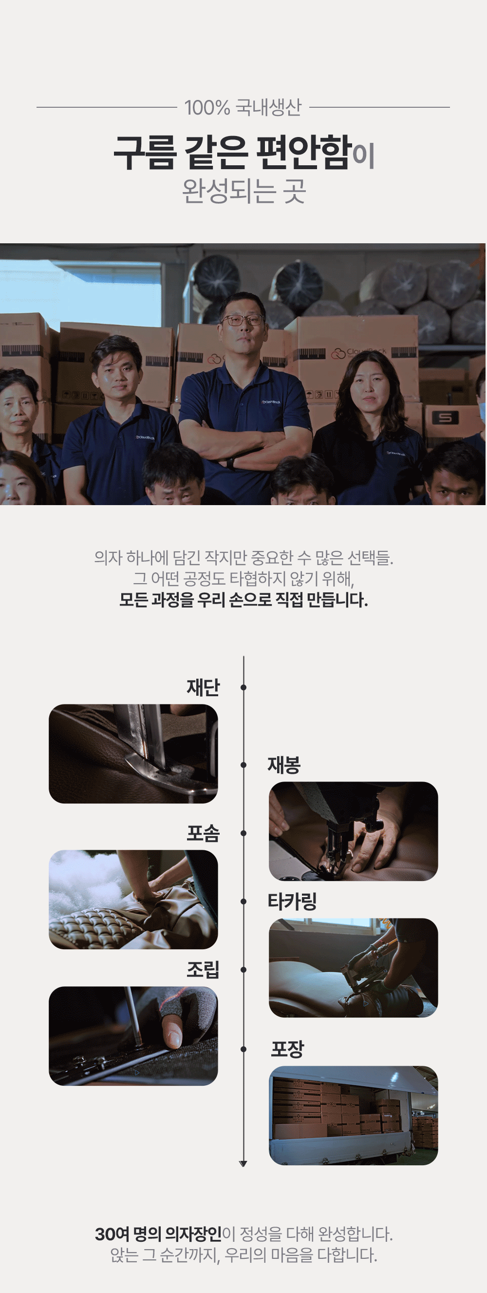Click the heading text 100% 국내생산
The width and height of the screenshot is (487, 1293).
tap(243, 107)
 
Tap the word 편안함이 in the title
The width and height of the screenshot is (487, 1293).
tap(316, 153)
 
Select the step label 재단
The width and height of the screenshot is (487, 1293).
tap(203, 687)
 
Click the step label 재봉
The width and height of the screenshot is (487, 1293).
tap(284, 765)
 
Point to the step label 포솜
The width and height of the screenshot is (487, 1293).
tap(203, 833)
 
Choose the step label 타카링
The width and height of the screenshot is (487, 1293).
tap(292, 901)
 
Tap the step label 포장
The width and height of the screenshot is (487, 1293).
tap(287, 1049)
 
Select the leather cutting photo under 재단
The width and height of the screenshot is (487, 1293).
tap(133, 754)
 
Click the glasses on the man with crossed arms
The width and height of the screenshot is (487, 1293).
tap(242, 320)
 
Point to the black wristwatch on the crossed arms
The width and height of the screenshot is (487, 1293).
tap(230, 463)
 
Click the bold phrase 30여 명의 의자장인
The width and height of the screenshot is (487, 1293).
tap(158, 1234)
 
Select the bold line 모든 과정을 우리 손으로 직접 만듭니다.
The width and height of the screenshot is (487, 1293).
tap(243, 600)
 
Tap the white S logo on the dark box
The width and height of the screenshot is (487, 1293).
tap(446, 417)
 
